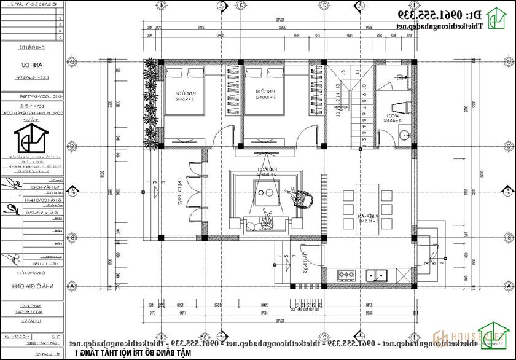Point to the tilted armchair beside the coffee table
click(x=303, y=198)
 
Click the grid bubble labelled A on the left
click(x=73, y=286)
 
